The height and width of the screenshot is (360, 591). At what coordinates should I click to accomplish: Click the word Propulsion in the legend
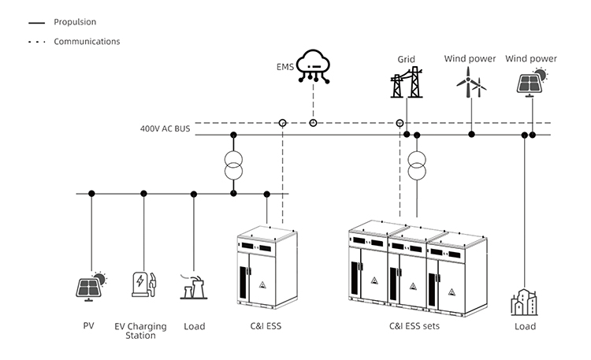pyautogui.click(x=75, y=22)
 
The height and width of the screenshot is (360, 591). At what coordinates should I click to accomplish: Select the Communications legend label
pyautogui.click(x=87, y=41)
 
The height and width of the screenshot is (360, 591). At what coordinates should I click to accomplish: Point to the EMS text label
pyautogui.click(x=285, y=68)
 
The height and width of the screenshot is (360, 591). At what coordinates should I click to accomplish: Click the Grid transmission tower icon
pyautogui.click(x=407, y=82)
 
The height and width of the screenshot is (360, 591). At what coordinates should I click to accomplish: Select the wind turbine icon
pyautogui.click(x=470, y=82)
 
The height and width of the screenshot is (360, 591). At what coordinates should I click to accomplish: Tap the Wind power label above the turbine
pyautogui.click(x=470, y=58)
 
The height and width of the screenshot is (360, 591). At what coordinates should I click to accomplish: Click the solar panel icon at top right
pyautogui.click(x=530, y=82)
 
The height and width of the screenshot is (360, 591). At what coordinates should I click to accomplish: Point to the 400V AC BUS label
pyautogui.click(x=165, y=128)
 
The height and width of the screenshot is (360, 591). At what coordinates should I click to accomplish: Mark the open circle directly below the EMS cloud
pyautogui.click(x=313, y=123)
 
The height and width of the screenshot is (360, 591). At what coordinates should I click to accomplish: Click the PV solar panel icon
pyautogui.click(x=91, y=285)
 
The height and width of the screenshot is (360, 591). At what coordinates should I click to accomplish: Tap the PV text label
pyautogui.click(x=88, y=325)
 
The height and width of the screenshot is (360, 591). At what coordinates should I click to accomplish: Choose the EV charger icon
pyautogui.click(x=143, y=285)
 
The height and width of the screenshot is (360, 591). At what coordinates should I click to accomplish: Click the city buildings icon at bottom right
pyautogui.click(x=524, y=302)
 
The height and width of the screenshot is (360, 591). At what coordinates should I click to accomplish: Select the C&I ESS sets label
pyautogui.click(x=414, y=325)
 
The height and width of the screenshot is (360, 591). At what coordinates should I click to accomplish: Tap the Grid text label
pyautogui.click(x=406, y=58)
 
